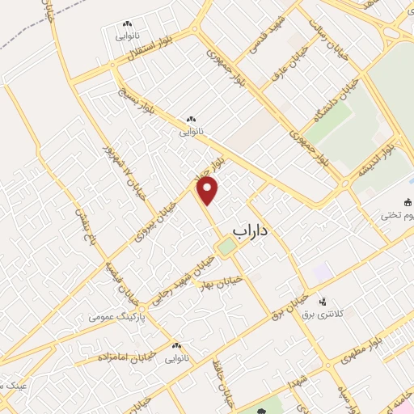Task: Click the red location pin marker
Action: [208, 190]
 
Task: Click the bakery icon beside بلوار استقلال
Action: [127, 27]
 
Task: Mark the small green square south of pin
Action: [227, 246]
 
